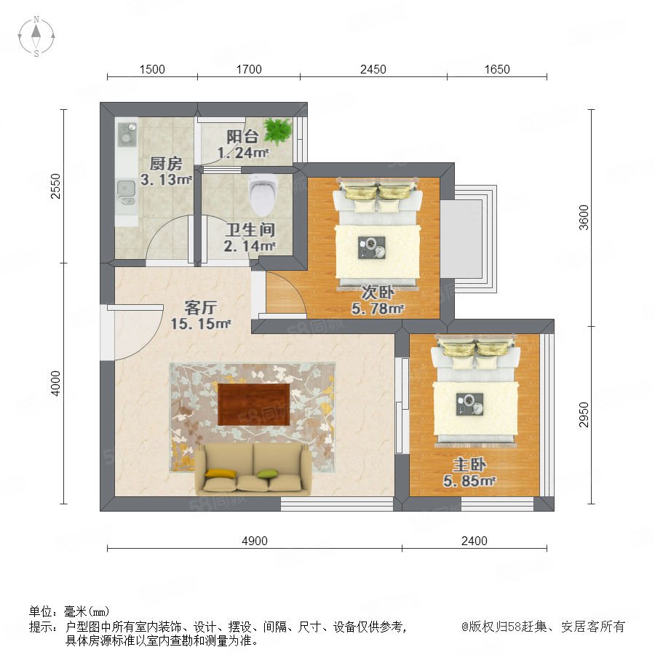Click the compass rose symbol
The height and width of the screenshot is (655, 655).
36,36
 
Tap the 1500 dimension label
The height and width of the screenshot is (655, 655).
152,69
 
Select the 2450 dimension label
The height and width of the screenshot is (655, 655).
373,69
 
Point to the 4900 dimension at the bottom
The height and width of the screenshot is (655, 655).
255,541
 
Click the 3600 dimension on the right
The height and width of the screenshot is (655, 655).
584,218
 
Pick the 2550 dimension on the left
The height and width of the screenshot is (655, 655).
55,186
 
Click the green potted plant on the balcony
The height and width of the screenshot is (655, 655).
277,130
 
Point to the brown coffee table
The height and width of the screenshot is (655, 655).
254,405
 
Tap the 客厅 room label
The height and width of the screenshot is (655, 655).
201,308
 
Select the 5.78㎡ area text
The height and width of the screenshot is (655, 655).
378,309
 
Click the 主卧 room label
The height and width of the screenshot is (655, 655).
469,464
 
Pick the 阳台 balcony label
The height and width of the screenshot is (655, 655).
242,136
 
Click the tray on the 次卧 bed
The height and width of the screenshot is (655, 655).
372,247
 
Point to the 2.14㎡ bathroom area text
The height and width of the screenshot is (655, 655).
250,246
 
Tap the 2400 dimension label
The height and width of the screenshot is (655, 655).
474,541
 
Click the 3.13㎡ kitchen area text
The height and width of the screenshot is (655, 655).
166,180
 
